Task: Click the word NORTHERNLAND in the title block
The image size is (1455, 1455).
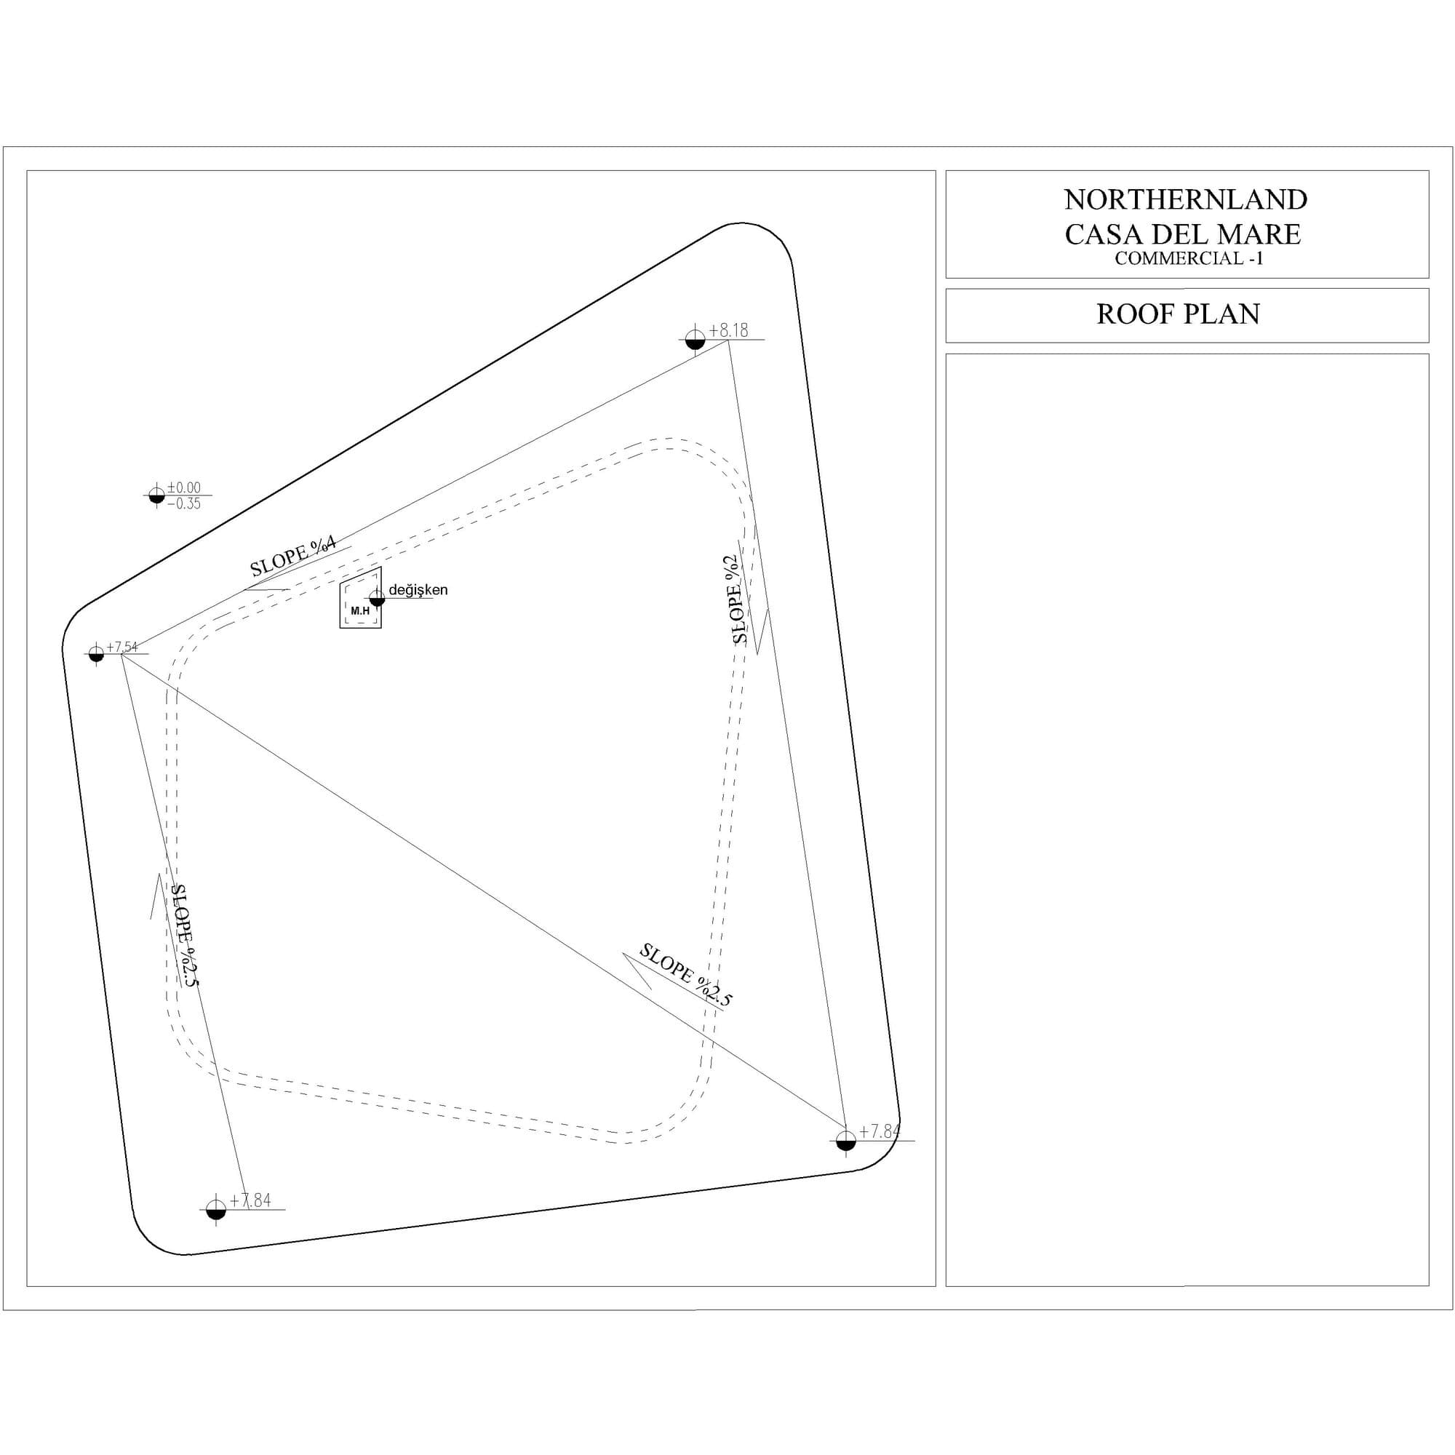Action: pyautogui.click(x=1185, y=199)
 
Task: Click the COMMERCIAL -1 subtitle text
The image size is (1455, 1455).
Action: pyautogui.click(x=1189, y=258)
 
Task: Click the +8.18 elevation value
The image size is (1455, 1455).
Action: pyautogui.click(x=728, y=330)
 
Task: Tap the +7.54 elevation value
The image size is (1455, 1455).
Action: pyautogui.click(x=122, y=647)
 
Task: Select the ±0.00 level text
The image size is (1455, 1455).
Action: pyautogui.click(x=184, y=487)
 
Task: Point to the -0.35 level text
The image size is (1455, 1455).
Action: pyautogui.click(x=184, y=504)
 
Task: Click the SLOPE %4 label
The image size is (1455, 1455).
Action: pyautogui.click(x=293, y=556)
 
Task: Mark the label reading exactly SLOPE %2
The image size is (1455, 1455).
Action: pyautogui.click(x=736, y=599)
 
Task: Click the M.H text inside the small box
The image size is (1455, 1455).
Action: pyautogui.click(x=360, y=611)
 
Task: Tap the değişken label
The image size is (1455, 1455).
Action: pyautogui.click(x=418, y=590)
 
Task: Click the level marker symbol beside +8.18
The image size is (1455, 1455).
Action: pyautogui.click(x=694, y=339)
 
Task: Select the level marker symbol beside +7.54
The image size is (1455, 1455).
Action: pyautogui.click(x=95, y=654)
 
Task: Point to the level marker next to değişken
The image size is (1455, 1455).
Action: pyautogui.click(x=378, y=598)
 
